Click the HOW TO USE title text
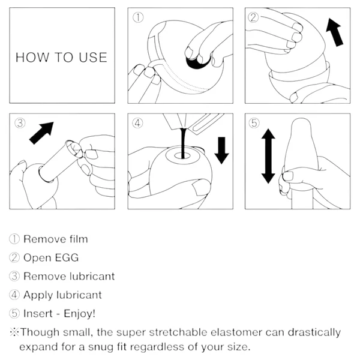pyautogui.click(x=61, y=58)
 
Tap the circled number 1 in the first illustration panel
pyautogui.click(x=138, y=17)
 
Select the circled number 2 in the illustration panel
pyautogui.click(x=253, y=17)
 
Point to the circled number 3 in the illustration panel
pyautogui.click(x=20, y=123)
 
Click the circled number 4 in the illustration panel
pyautogui.click(x=137, y=123)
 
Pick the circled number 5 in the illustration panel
pyautogui.click(x=254, y=123)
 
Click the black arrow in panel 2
pyautogui.click(x=335, y=32)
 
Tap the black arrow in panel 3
pyautogui.click(x=41, y=133)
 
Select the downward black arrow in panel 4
pyautogui.click(x=221, y=151)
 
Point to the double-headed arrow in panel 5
pyautogui.click(x=268, y=156)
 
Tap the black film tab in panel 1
pyautogui.click(x=198, y=62)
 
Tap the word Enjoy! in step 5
pyautogui.click(x=79, y=313)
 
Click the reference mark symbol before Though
pyautogui.click(x=14, y=332)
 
